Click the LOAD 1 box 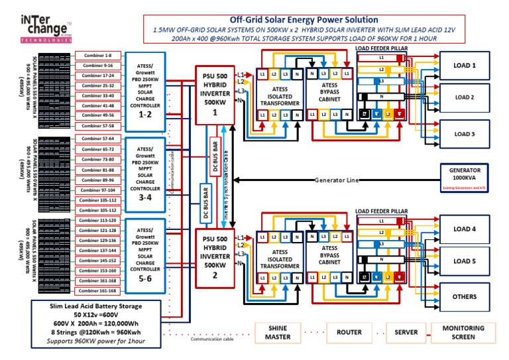(x=464, y=66)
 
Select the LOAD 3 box (x=464, y=134)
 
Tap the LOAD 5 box (x=464, y=261)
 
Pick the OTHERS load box (x=464, y=296)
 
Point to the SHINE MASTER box (x=278, y=332)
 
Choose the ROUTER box (x=349, y=332)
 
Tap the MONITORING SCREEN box (x=464, y=332)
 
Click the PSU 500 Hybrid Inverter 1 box (x=215, y=94)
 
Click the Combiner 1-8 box (x=97, y=56)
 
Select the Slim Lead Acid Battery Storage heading (x=96, y=306)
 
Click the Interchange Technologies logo (x=45, y=30)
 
